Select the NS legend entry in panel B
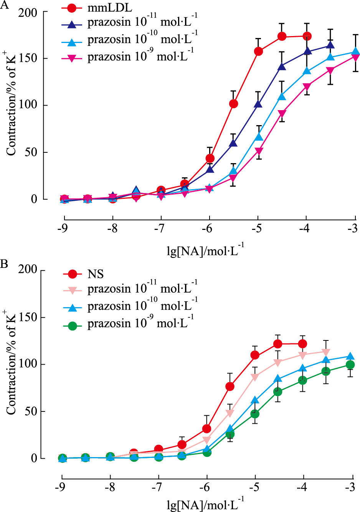[96, 274]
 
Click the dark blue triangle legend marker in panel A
[72, 25]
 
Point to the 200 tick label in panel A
[28, 13]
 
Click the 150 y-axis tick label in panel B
[28, 317]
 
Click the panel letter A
[5, 5]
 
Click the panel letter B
[4, 264]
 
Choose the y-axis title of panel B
[11, 363]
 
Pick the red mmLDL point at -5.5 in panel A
[233, 104]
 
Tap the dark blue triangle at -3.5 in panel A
[330, 45]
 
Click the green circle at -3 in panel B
[350, 365]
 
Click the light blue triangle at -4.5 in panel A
[282, 96]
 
